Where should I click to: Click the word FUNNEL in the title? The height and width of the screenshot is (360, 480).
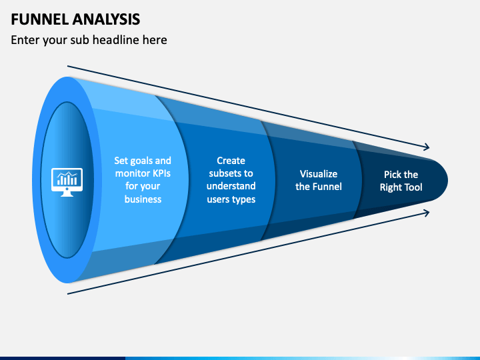[x=40, y=19]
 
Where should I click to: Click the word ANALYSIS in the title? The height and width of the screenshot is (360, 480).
[x=107, y=19]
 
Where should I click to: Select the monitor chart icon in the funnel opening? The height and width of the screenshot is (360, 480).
[x=67, y=182]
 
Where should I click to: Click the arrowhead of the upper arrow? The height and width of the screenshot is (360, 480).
[x=427, y=147]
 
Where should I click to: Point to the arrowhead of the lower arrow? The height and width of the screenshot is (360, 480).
[x=427, y=213]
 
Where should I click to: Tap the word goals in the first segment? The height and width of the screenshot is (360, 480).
[x=138, y=161]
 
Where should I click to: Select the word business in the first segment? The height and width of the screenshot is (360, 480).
[x=143, y=199]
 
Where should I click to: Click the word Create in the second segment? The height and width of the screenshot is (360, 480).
[x=231, y=161]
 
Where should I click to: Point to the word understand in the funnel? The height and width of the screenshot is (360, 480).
[x=231, y=186]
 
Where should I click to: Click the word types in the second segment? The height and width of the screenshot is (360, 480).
[x=244, y=199]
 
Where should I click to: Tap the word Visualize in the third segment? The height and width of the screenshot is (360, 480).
[x=319, y=174]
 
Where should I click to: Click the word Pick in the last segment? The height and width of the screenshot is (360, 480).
[x=392, y=175]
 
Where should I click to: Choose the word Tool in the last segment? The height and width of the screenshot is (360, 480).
[x=413, y=187]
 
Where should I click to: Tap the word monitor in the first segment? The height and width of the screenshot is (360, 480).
[x=129, y=173]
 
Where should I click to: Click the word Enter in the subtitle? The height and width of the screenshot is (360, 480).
[x=25, y=40]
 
